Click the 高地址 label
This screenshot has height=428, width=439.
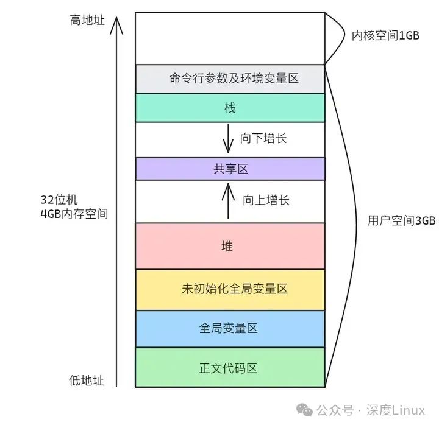click(x=87, y=21)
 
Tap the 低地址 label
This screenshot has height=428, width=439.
click(x=86, y=381)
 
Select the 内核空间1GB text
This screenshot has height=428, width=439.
click(x=385, y=35)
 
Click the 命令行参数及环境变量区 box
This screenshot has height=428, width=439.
click(x=230, y=79)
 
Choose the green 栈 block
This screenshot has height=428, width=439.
click(x=230, y=108)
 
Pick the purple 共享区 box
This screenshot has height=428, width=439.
click(x=230, y=169)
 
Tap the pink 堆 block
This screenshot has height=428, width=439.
click(x=230, y=246)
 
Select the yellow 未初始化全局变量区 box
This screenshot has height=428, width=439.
click(x=230, y=289)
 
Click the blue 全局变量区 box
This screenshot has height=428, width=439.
click(x=230, y=329)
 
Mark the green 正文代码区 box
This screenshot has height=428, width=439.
click(x=230, y=368)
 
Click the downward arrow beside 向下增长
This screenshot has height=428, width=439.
click(x=228, y=138)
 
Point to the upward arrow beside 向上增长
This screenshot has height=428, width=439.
click(x=228, y=201)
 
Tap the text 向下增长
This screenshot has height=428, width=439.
click(x=263, y=139)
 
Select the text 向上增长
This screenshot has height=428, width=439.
click(x=266, y=200)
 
